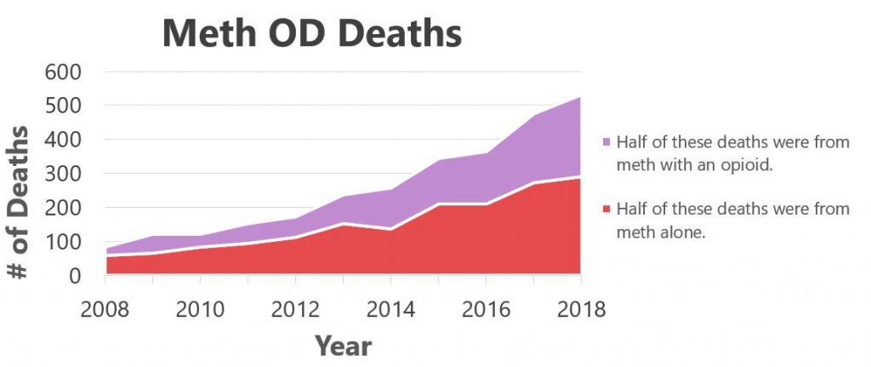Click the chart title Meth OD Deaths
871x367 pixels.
pyautogui.click(x=311, y=33)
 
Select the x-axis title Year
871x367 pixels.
pyautogui.click(x=343, y=345)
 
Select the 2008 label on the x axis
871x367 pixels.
pyautogui.click(x=105, y=307)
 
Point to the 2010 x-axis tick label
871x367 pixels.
pyautogui.click(x=200, y=307)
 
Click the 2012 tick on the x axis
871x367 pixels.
pyautogui.click(x=295, y=307)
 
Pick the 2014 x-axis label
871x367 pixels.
pyautogui.click(x=390, y=307)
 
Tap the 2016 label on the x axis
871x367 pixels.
pyautogui.click(x=486, y=307)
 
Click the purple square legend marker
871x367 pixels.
pyautogui.click(x=606, y=142)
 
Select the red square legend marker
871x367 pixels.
pyautogui.click(x=606, y=209)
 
